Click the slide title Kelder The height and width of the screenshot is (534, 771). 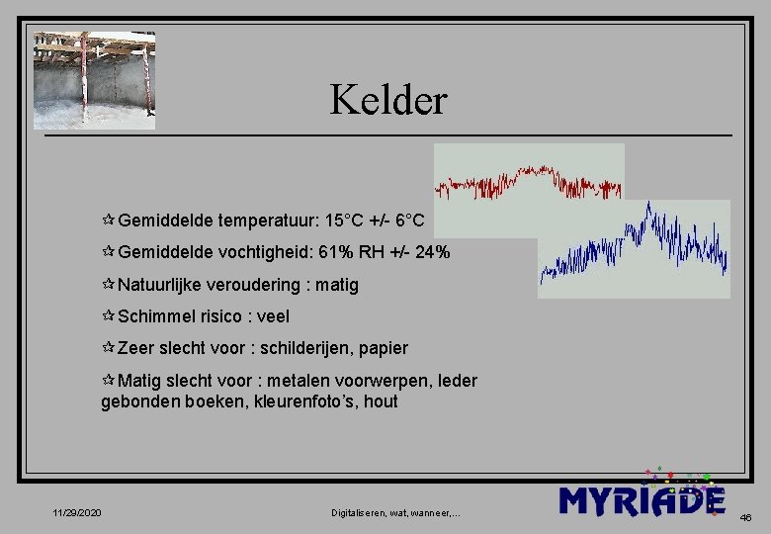click(x=387, y=100)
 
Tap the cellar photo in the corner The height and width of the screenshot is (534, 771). click(x=95, y=80)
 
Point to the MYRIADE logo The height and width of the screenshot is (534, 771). click(x=642, y=499)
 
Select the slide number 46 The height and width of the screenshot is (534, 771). click(x=745, y=516)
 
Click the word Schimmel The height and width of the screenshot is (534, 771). click(x=154, y=316)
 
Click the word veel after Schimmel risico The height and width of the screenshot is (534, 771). click(x=272, y=316)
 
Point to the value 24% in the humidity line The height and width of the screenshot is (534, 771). click(x=433, y=253)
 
